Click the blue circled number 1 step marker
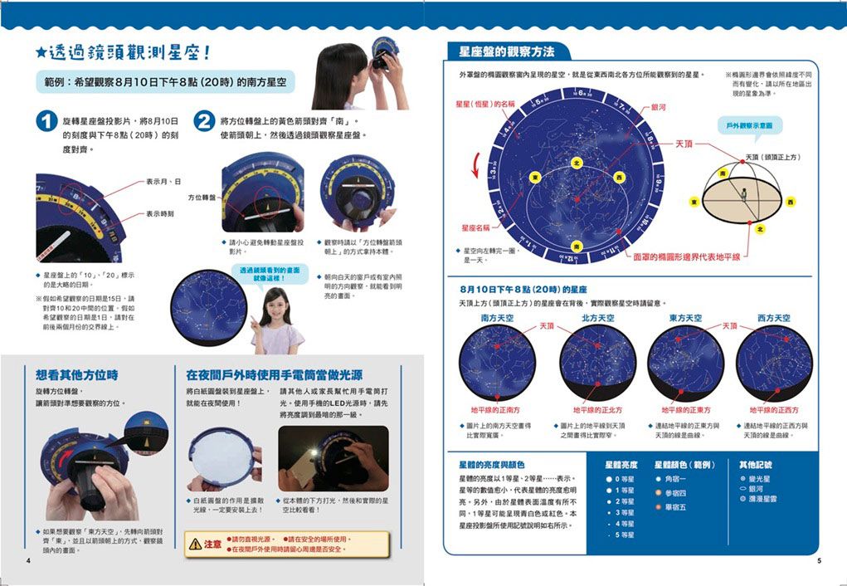(47, 121)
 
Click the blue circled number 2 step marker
(204, 121)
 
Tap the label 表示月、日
(164, 181)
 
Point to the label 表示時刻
(160, 213)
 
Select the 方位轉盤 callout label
(202, 198)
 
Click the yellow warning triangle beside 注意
(195, 544)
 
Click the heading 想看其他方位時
(76, 374)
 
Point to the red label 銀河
(659, 107)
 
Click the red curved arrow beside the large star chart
(473, 163)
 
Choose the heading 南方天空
(497, 318)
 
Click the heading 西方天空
(773, 318)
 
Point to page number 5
(818, 561)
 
